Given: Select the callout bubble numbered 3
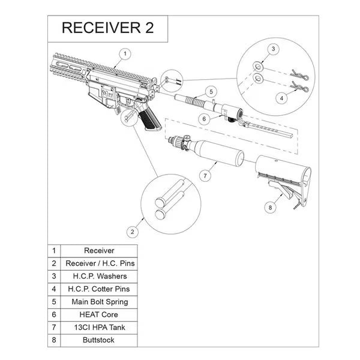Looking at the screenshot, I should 272,49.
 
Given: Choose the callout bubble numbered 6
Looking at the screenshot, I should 204,119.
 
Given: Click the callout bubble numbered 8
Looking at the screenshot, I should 269,208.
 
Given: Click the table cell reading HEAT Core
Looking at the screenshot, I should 99,314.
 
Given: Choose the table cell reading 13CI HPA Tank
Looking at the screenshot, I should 99,327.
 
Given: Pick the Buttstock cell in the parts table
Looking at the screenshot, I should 99,340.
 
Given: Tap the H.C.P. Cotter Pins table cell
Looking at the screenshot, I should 99,289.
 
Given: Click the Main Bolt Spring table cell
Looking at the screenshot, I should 99,302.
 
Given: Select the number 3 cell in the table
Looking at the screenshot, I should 54,276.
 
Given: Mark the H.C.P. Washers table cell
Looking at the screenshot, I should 99,276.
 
